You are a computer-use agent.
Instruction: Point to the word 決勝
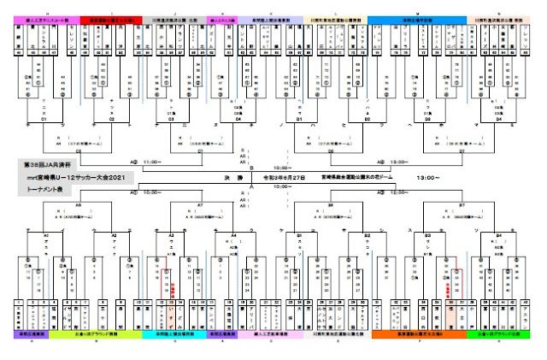[x=244, y=178]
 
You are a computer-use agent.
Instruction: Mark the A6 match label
[x=79, y=206]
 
